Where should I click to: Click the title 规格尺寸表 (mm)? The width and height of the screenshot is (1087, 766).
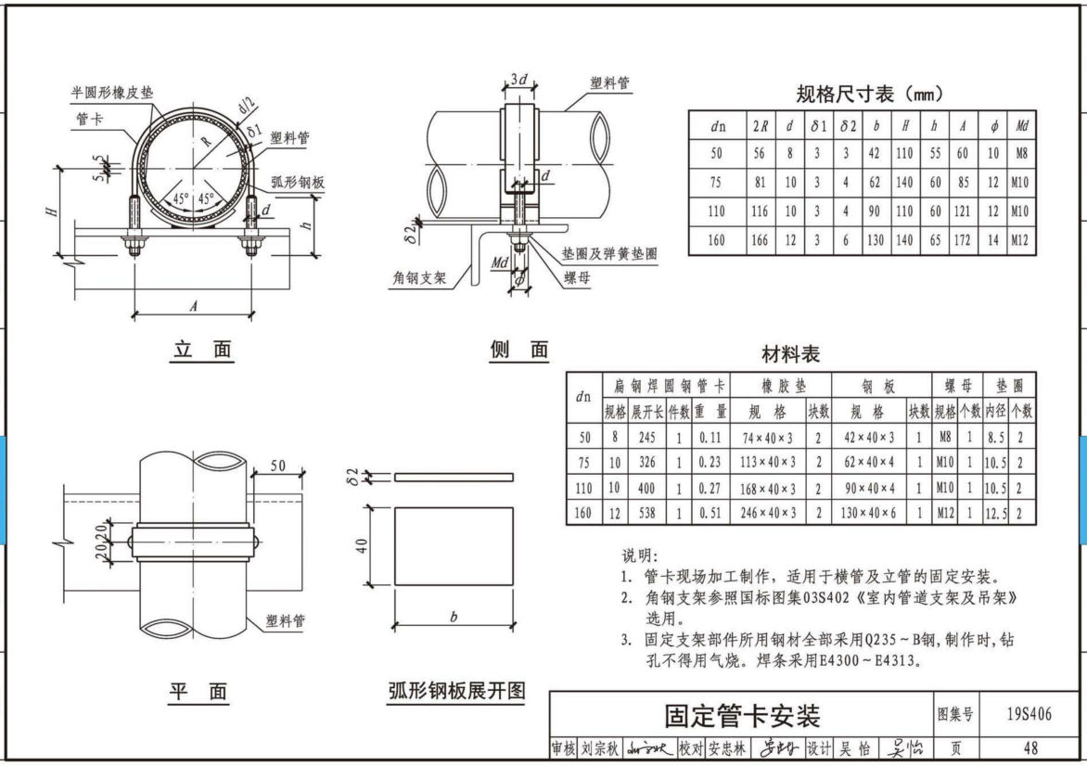pyautogui.click(x=869, y=94)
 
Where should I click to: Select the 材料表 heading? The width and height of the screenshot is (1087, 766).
pyautogui.click(x=790, y=354)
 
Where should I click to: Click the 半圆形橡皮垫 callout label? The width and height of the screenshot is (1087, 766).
pyautogui.click(x=112, y=93)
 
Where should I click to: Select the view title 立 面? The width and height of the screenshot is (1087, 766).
pyautogui.click(x=203, y=350)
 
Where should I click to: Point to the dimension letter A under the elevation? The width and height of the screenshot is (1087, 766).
pyautogui.click(x=193, y=303)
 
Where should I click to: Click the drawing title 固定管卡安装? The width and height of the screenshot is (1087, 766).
pyautogui.click(x=741, y=715)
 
